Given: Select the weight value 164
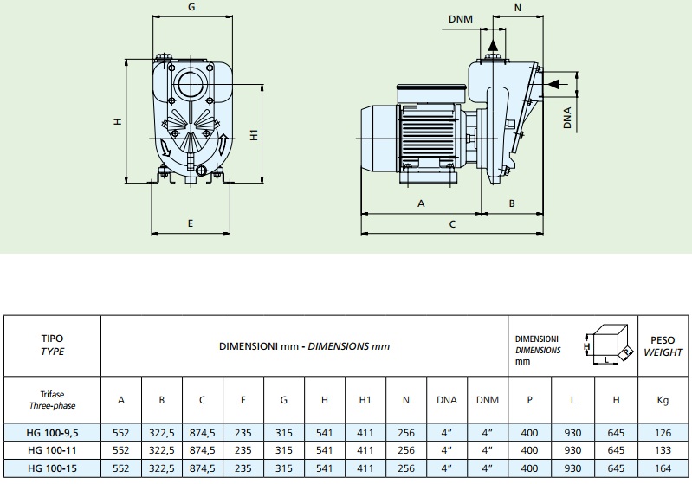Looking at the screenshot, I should (663, 468).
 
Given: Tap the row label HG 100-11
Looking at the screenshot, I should (53, 450).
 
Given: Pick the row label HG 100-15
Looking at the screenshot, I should (53, 468).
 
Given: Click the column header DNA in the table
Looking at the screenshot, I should (447, 400).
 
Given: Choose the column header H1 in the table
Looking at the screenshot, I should (365, 400).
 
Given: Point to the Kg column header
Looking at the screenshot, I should (663, 400).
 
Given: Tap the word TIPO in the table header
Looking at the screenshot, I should (53, 339).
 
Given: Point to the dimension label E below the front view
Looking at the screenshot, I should (191, 223).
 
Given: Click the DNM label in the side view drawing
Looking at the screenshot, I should (462, 19).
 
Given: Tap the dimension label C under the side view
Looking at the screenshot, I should (451, 223).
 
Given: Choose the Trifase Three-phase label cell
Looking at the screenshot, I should (53, 400).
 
